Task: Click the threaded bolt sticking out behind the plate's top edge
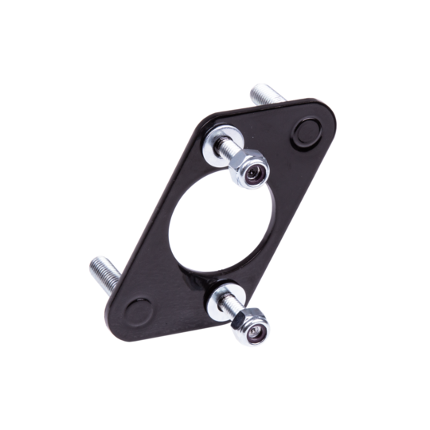point(268,96)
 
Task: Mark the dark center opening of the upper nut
point(254,173)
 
